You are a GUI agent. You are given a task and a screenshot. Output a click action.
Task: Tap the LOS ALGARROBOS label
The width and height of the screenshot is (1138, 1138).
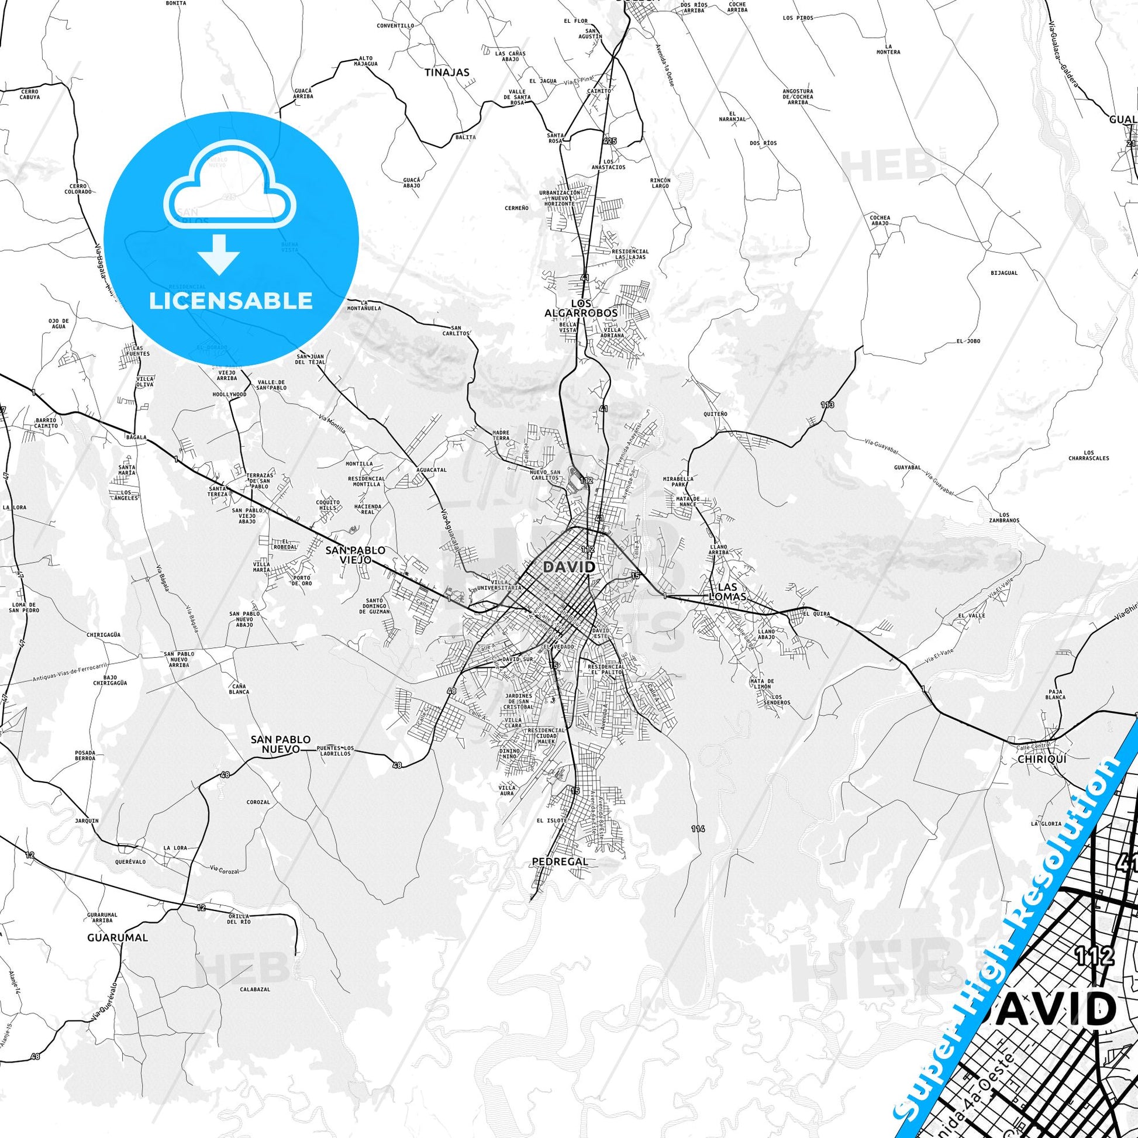(581, 308)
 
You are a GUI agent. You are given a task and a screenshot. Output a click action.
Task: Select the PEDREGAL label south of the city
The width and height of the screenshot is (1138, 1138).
(560, 861)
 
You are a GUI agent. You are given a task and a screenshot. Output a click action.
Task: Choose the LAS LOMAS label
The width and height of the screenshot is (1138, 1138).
(728, 592)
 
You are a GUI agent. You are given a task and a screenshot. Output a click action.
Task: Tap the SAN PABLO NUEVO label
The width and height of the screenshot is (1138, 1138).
(280, 744)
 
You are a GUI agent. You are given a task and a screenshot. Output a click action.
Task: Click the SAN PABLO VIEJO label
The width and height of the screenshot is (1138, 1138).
(355, 554)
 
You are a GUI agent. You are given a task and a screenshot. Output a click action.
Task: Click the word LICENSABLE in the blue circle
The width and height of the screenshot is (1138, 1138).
(230, 301)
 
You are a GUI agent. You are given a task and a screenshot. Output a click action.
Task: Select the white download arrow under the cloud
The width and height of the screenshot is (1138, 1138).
(219, 254)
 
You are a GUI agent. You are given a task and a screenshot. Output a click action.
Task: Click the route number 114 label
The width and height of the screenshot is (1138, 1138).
(698, 829)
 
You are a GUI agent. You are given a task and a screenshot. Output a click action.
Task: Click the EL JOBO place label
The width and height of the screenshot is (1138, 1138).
(968, 341)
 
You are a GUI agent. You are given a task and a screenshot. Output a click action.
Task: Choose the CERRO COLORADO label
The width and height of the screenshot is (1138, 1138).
(78, 188)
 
